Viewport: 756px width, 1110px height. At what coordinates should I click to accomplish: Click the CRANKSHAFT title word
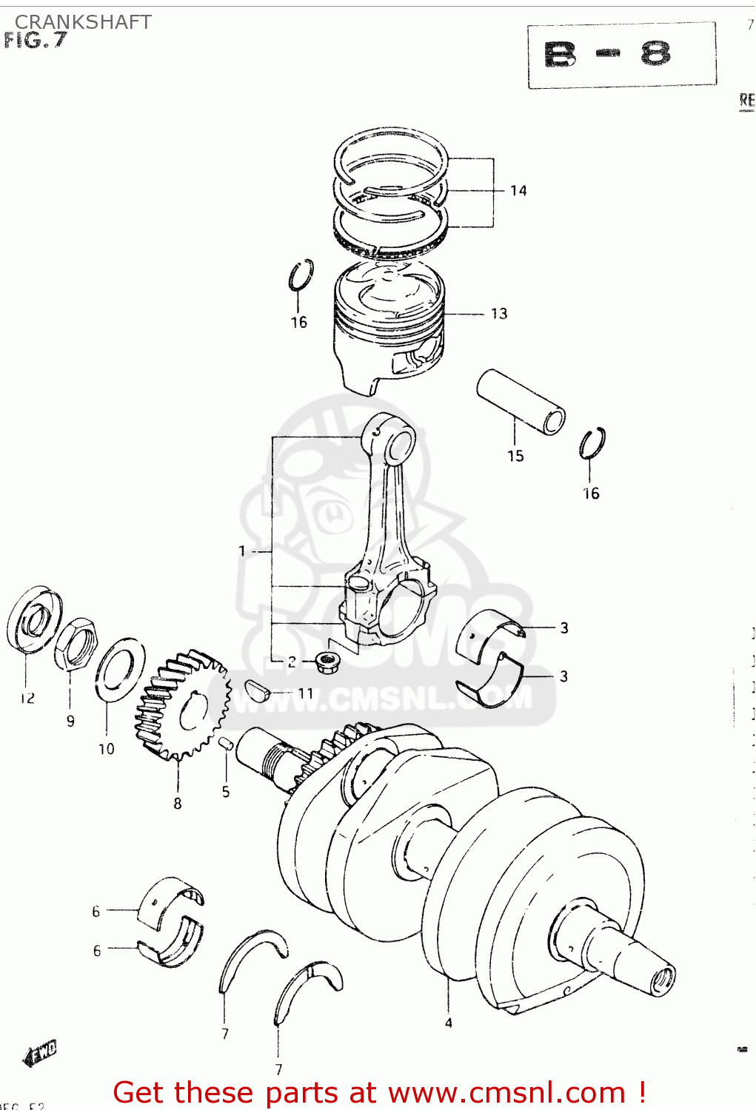point(83,22)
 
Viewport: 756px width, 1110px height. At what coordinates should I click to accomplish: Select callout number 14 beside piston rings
point(518,191)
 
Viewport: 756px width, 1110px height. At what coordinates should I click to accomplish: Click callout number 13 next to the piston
point(499,314)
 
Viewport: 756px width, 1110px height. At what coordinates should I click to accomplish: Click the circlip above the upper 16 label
point(301,275)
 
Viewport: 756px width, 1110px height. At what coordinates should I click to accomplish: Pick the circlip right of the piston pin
point(592,443)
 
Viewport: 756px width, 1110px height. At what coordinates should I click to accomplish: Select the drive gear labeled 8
point(180,707)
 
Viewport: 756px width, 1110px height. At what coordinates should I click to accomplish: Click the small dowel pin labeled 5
point(226,742)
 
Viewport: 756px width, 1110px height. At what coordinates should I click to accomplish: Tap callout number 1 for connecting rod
point(242,551)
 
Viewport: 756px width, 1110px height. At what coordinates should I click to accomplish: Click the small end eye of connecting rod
point(400,444)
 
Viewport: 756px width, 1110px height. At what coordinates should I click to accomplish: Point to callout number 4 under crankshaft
point(449,1023)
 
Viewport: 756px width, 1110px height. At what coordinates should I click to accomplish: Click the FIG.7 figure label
point(36,41)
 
